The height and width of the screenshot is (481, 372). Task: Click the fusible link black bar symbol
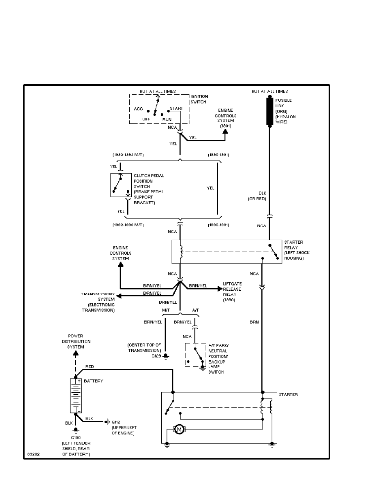coord(269,111)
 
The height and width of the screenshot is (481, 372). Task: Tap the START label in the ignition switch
coord(176,109)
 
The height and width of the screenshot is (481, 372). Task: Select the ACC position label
coord(138,109)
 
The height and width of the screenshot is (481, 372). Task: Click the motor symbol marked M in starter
coord(178,429)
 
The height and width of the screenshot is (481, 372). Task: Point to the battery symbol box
coord(76,396)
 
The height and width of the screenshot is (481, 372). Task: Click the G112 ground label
coord(115,421)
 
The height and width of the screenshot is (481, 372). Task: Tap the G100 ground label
coord(75,438)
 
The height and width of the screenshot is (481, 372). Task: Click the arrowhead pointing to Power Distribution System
coord(75,353)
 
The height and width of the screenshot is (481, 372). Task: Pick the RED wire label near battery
coord(90,367)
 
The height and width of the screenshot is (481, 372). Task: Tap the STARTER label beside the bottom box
coord(289,394)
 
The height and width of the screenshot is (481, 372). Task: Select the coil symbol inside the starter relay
coord(181,252)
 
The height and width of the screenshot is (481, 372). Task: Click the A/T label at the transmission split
coord(195,310)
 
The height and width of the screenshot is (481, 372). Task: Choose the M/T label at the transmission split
coord(166,310)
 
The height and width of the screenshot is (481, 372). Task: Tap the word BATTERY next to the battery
coord(93,381)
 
